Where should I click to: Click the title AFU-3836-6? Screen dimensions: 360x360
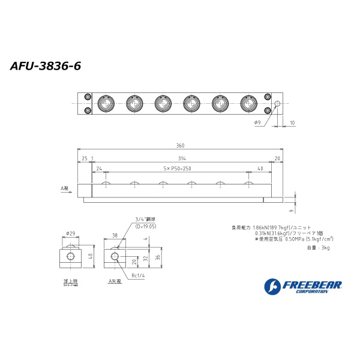pyautogui.click(x=46, y=66)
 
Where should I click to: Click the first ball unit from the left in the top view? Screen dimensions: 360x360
pyautogui.click(x=105, y=104)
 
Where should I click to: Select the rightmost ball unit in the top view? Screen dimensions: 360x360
pyautogui.click(x=249, y=104)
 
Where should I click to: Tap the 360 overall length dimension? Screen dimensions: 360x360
pyautogui.click(x=180, y=146)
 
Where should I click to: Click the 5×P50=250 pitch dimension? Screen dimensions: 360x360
pyautogui.click(x=177, y=169)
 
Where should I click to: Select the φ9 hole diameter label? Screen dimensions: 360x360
pyautogui.click(x=257, y=122)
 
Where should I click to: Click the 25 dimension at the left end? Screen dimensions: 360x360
pyautogui.click(x=84, y=158)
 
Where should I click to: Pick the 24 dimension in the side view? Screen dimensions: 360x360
pyautogui.click(x=98, y=169)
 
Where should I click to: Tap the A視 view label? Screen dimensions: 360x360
pyautogui.click(x=65, y=188)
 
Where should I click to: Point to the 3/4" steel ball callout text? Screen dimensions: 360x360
pyautogui.click(x=145, y=219)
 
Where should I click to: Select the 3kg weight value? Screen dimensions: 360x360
pyautogui.click(x=325, y=247)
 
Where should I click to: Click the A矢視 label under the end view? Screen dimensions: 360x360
pyautogui.click(x=115, y=281)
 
